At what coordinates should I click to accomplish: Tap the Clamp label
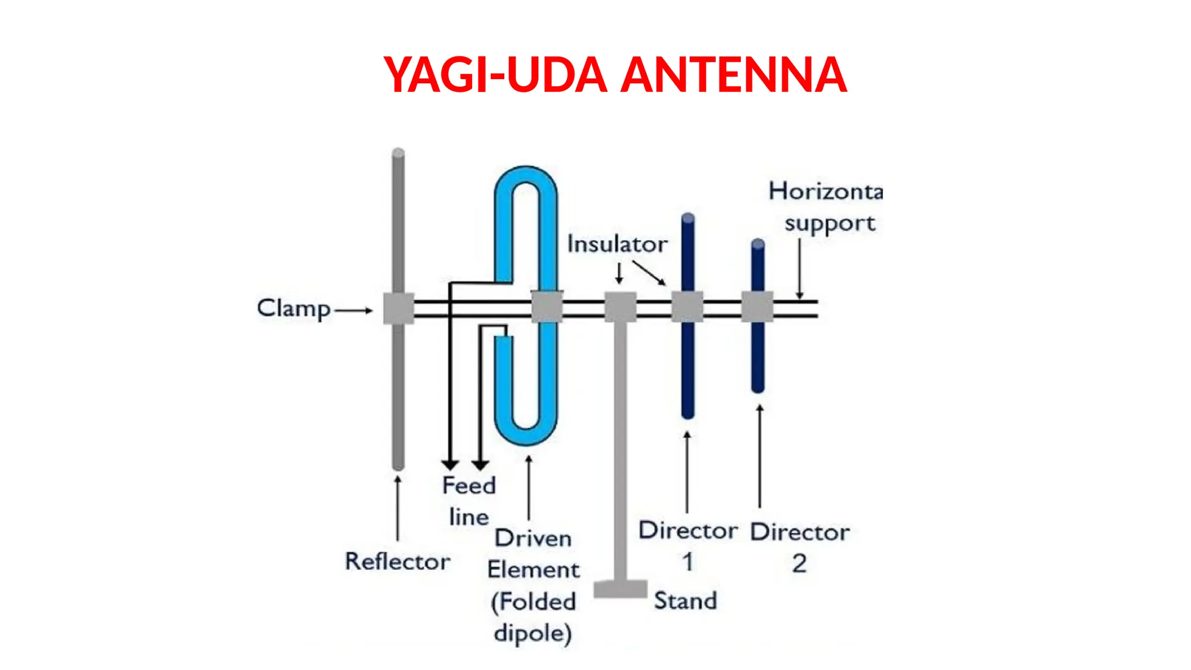(x=293, y=308)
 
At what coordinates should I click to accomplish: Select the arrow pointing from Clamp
(x=354, y=310)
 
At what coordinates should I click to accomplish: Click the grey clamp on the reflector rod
(x=399, y=308)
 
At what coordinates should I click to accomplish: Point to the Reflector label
(x=397, y=562)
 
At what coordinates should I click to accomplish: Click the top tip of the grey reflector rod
(x=398, y=154)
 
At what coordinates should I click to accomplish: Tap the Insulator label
(x=617, y=244)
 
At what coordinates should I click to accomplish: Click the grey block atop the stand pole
(x=621, y=307)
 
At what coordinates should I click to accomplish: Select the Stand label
(x=685, y=601)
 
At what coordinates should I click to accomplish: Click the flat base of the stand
(x=620, y=589)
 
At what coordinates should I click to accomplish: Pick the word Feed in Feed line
(x=469, y=486)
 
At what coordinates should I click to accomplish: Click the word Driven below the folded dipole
(x=533, y=539)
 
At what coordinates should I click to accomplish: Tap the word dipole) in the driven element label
(x=533, y=633)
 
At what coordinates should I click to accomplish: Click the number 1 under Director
(x=687, y=562)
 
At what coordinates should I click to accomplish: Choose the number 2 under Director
(x=799, y=564)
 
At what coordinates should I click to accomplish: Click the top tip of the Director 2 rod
(x=758, y=244)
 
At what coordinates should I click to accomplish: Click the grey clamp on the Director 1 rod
(x=687, y=307)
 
